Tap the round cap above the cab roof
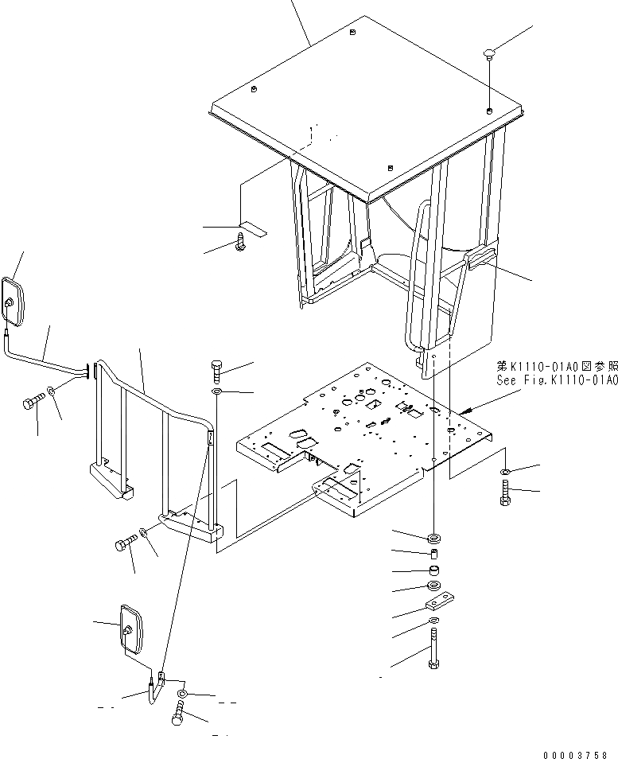[x=489, y=54]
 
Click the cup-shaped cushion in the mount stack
[x=435, y=570]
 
